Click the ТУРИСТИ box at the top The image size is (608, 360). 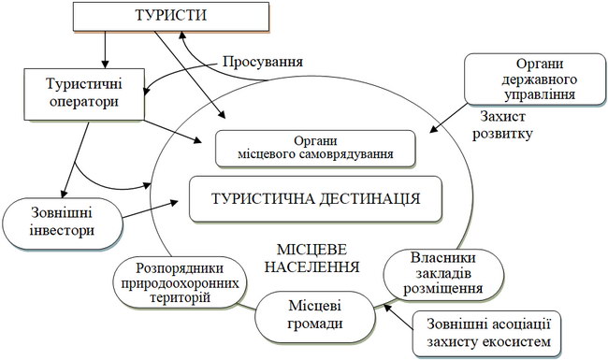[x=171, y=16]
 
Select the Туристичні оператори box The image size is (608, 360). [x=84, y=94]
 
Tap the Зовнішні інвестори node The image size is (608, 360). [x=63, y=223]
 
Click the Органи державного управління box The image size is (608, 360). [x=535, y=79]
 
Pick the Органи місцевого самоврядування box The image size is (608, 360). [x=315, y=149]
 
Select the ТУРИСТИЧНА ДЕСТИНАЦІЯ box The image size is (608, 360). [x=315, y=199]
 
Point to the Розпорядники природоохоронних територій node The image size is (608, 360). [x=180, y=282]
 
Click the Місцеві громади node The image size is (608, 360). [x=315, y=316]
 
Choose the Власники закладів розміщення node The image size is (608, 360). [x=443, y=274]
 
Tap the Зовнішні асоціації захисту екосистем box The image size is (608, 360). [x=486, y=334]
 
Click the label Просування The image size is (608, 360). [x=263, y=62]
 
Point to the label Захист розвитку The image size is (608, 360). [x=502, y=125]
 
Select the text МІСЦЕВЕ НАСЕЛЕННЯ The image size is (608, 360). [x=311, y=258]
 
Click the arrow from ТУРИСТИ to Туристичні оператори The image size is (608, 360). [x=105, y=50]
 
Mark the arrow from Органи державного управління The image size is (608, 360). [x=448, y=118]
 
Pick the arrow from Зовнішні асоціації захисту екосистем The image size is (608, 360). [x=398, y=317]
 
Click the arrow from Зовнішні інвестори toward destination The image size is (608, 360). [x=151, y=209]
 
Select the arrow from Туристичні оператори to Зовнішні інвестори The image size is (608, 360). [x=75, y=160]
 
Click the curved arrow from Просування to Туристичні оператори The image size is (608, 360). [x=177, y=71]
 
